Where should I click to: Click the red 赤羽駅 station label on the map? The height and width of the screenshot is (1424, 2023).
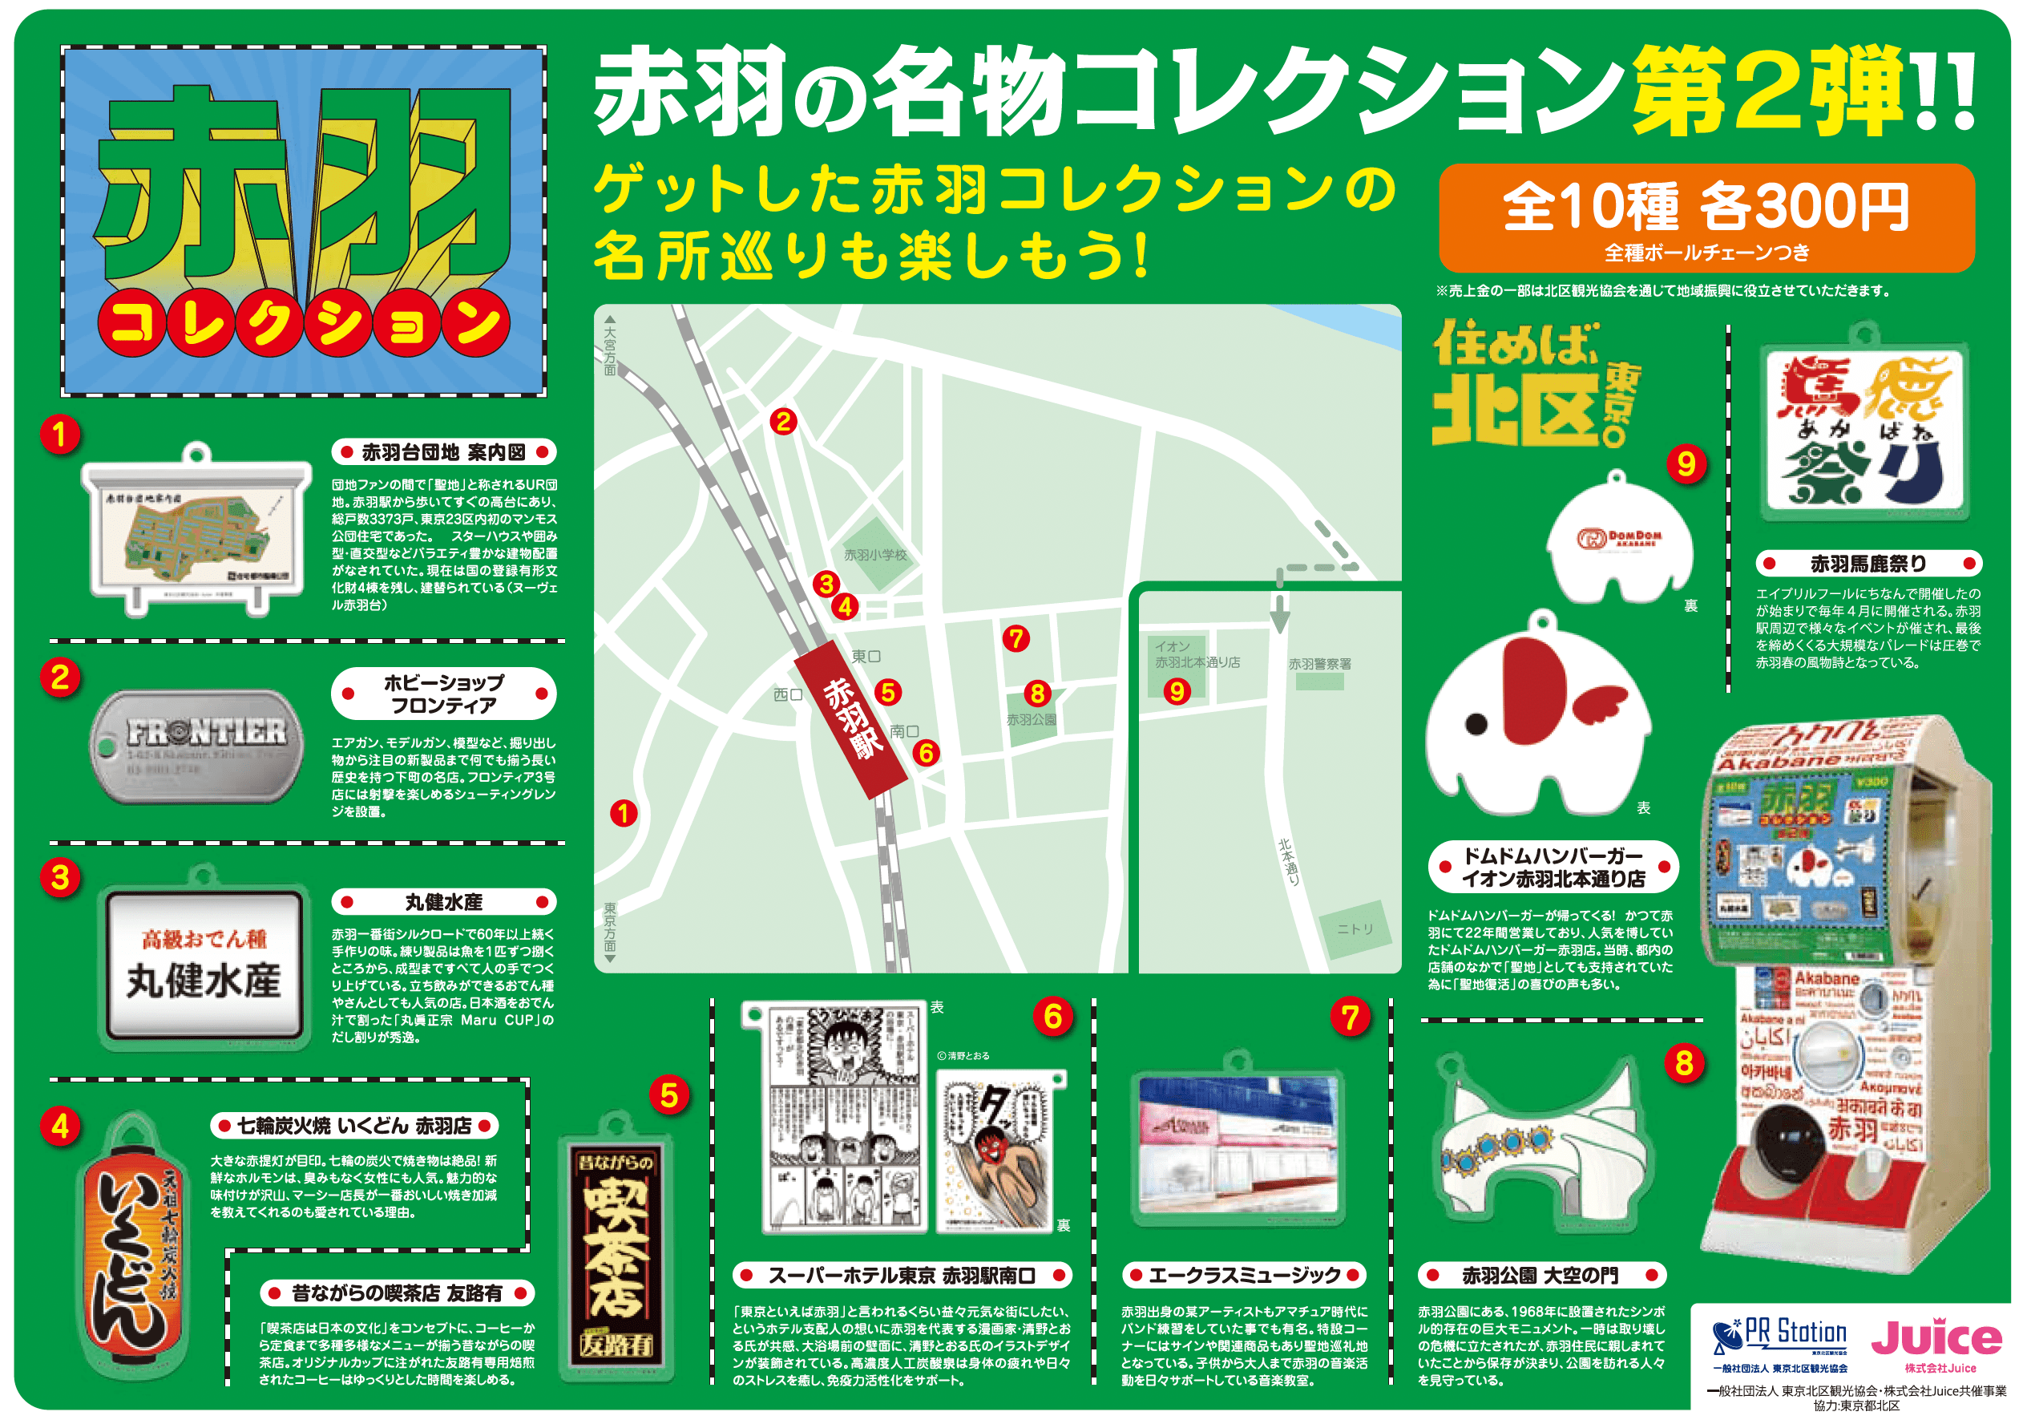850,718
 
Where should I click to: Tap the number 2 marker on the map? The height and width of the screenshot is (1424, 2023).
783,422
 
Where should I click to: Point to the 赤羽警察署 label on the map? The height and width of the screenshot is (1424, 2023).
1319,664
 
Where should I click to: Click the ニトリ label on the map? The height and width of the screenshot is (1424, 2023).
1355,928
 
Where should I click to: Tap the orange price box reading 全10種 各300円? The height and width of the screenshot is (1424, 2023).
1706,217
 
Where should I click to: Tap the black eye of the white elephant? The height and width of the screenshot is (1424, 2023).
1476,724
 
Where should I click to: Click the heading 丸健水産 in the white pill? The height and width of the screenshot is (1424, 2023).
443,902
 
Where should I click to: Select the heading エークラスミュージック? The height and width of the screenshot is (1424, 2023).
1244,1275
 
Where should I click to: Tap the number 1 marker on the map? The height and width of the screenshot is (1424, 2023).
624,813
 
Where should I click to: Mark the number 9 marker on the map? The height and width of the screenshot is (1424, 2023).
1177,692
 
